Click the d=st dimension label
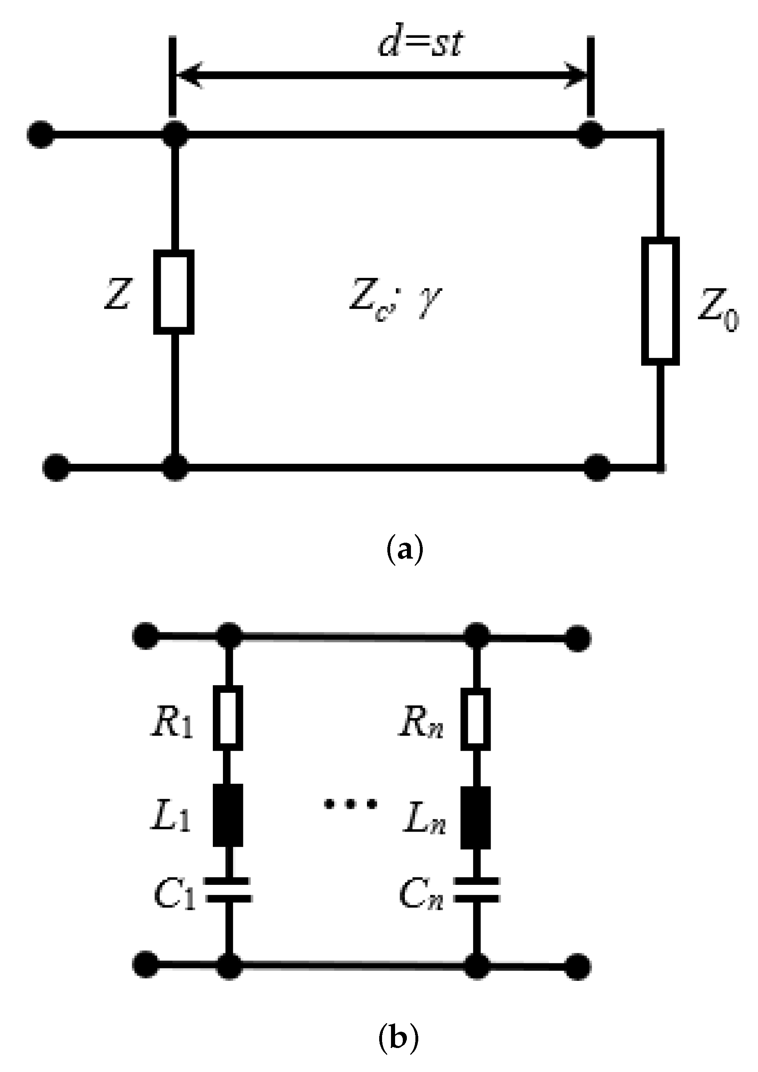(x=420, y=44)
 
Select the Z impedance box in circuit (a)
(x=174, y=292)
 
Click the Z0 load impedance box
(x=660, y=301)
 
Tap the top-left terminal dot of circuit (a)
(x=41, y=135)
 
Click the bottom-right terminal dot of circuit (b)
(x=578, y=965)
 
